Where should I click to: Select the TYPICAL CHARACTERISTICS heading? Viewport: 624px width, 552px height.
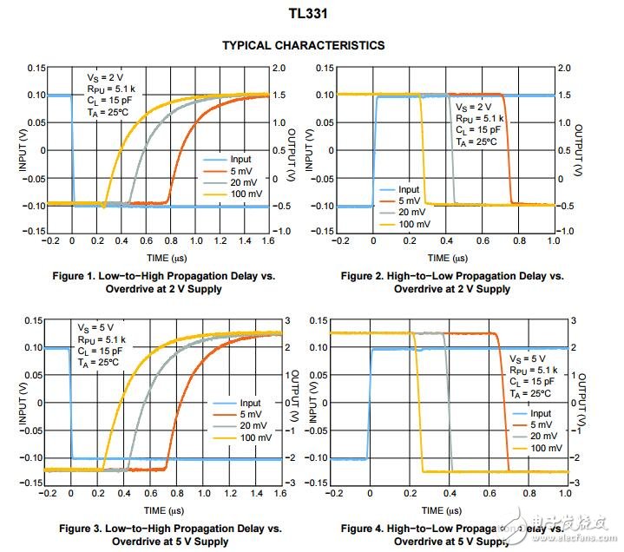[x=303, y=45]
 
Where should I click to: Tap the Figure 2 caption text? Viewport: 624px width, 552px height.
[x=451, y=282]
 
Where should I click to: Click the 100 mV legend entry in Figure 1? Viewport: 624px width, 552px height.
[x=245, y=194]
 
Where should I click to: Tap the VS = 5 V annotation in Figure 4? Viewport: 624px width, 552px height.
[x=528, y=358]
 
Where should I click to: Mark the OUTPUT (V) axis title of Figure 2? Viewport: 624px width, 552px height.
[x=580, y=149]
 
